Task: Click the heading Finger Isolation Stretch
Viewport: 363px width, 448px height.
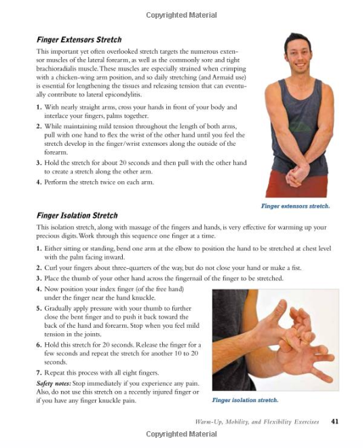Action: click(77, 216)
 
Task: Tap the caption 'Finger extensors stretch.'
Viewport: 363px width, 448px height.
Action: click(295, 206)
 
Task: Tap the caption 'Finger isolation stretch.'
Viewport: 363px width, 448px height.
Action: click(245, 400)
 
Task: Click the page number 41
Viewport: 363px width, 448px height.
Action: click(335, 422)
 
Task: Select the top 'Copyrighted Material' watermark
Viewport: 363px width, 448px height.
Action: click(181, 15)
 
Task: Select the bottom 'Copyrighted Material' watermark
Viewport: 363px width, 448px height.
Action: click(181, 434)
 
